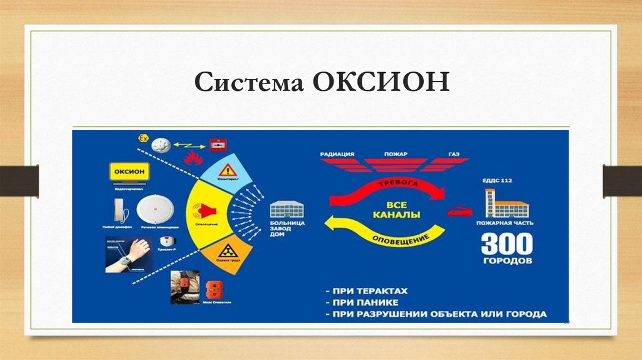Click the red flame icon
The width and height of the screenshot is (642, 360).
click(191, 158)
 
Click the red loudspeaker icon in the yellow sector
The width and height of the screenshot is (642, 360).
click(205, 209)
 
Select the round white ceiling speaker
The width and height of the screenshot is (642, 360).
click(152, 209)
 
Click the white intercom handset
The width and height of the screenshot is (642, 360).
click(119, 209)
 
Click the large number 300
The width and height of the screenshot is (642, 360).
click(507, 244)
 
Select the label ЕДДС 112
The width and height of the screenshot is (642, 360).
click(498, 181)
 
